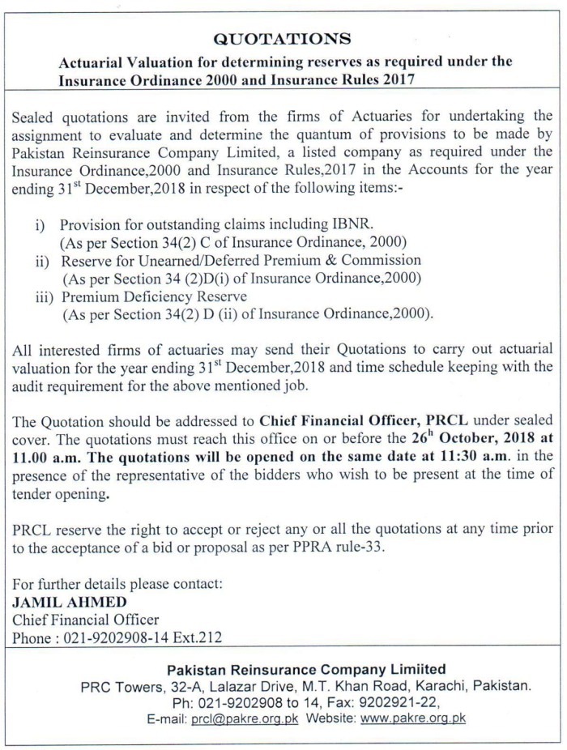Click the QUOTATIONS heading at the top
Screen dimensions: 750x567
(282, 38)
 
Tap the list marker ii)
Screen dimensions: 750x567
(44, 261)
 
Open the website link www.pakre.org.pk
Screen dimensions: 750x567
(413, 718)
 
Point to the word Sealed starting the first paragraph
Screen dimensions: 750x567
(36, 117)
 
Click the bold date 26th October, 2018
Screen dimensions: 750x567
(467, 437)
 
